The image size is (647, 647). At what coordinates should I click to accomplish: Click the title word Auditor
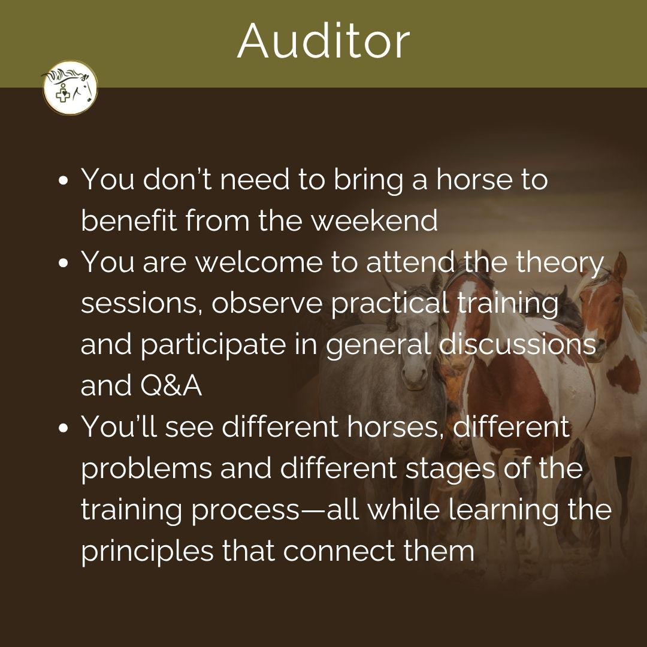pos(323,41)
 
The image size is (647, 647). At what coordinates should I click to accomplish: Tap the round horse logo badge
pos(70,87)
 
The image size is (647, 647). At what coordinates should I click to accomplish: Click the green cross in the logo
pos(63,96)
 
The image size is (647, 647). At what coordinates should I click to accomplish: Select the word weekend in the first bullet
pos(374,220)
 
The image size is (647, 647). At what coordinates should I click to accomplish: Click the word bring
pos(368,180)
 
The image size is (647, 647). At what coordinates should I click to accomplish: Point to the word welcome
pos(259,262)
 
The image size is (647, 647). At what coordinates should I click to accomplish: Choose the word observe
pos(267,303)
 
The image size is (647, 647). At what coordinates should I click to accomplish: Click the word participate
pos(213,346)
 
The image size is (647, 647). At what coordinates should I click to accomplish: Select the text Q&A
pos(171,385)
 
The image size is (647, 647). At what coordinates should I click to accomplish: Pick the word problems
pos(146,469)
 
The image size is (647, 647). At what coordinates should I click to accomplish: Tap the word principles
pos(147,552)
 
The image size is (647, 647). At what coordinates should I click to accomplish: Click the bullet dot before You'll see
pos(63,428)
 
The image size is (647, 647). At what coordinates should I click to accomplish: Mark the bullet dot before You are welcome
pos(63,263)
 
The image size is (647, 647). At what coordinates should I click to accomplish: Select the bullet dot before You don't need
pos(63,180)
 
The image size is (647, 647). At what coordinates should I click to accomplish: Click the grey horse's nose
pos(415,376)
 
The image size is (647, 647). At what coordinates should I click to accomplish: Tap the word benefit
pos(129,220)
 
